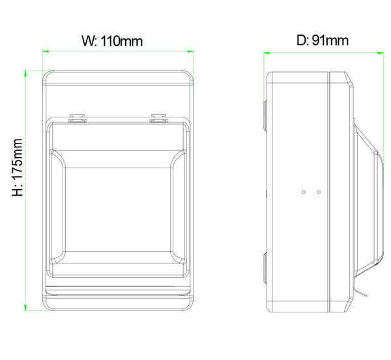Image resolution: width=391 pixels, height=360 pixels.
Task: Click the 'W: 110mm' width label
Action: (x=111, y=40)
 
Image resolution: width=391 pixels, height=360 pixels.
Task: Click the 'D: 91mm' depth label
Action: (x=322, y=40)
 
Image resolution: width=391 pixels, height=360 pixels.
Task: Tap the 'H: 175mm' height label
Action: (x=18, y=167)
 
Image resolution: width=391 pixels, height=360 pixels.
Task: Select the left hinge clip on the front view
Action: (x=77, y=119)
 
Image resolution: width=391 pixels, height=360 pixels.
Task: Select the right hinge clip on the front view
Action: (x=158, y=119)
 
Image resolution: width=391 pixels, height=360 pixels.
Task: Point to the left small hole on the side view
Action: (x=304, y=192)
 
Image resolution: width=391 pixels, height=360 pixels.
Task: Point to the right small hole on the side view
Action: (x=319, y=192)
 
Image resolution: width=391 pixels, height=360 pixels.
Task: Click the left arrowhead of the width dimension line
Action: (x=46, y=50)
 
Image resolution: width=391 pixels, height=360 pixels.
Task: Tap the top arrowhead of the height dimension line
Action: (x=25, y=72)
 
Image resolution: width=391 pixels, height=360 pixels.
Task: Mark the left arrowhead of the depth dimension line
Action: (x=267, y=50)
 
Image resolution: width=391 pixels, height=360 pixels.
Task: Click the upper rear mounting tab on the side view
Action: (x=265, y=115)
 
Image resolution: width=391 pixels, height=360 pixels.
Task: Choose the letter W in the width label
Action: (x=87, y=40)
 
